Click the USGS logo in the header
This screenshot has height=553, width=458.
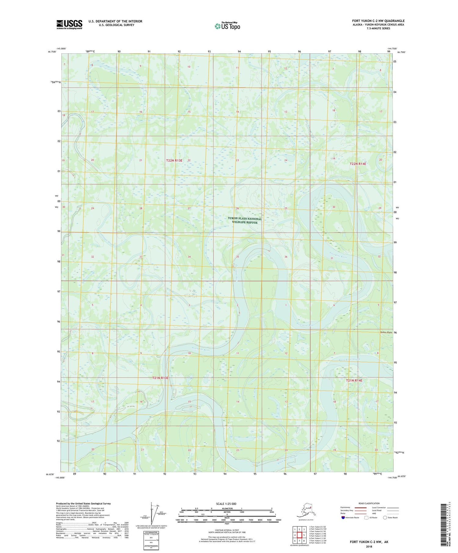[69, 24]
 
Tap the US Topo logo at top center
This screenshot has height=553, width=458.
[227, 26]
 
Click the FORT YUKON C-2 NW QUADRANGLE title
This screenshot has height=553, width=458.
[378, 21]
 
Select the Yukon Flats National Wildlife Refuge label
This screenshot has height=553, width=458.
[245, 220]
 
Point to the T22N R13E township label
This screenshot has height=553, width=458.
[174, 160]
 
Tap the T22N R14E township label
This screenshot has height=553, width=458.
[358, 164]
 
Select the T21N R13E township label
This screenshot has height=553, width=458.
[160, 378]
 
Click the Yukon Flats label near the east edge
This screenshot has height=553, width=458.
[386, 332]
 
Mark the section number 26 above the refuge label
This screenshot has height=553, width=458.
[237, 208]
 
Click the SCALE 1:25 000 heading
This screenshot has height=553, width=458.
[226, 504]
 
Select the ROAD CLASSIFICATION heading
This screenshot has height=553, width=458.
[369, 503]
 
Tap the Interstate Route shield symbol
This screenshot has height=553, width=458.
[343, 517]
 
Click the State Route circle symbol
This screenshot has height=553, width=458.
[385, 517]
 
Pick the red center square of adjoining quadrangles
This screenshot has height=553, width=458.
[300, 535]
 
